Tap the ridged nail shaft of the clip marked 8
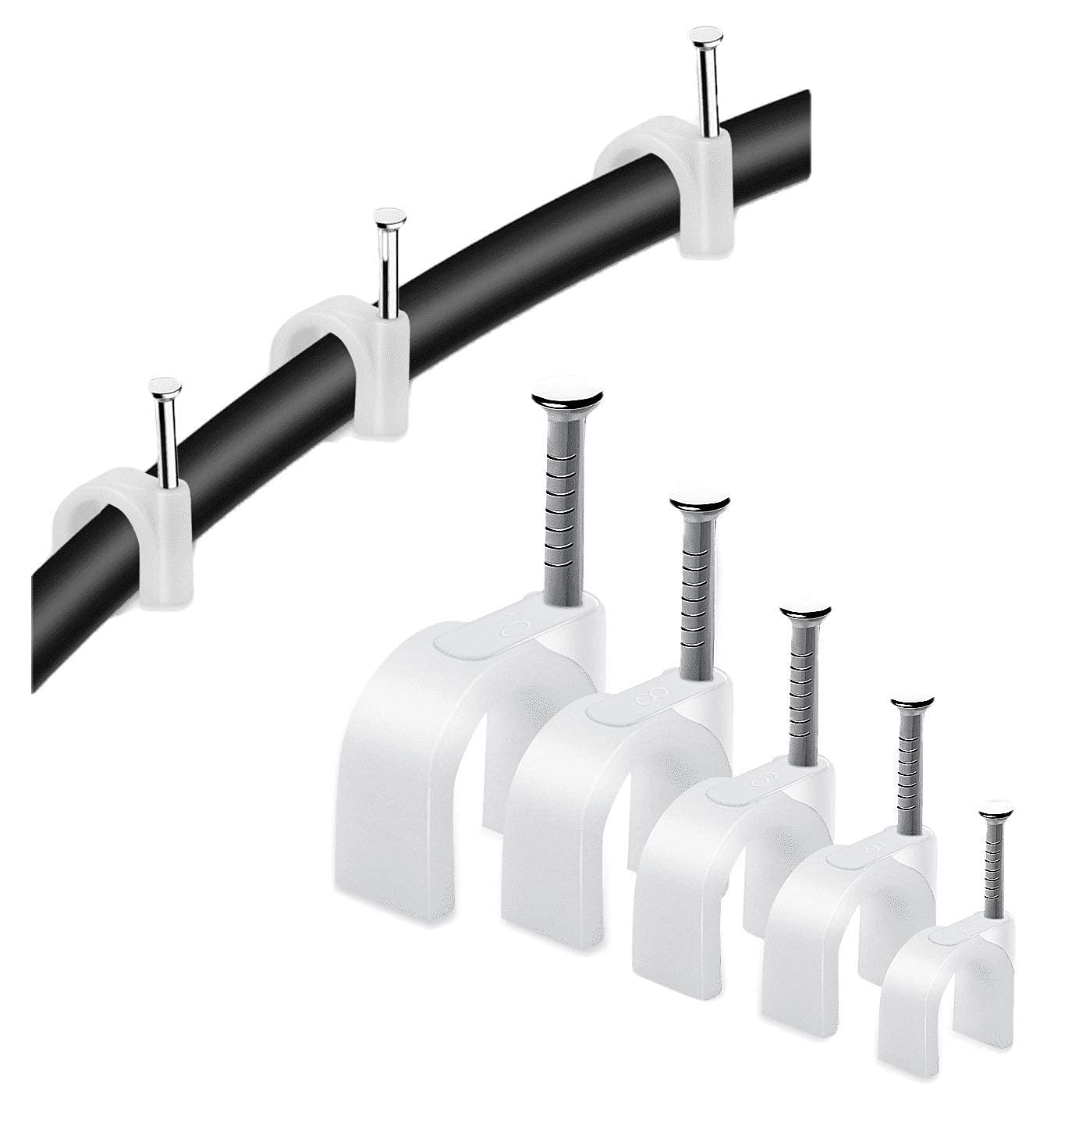coord(692,593)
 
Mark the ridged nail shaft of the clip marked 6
coord(800,687)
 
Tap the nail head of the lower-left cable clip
coord(165,386)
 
